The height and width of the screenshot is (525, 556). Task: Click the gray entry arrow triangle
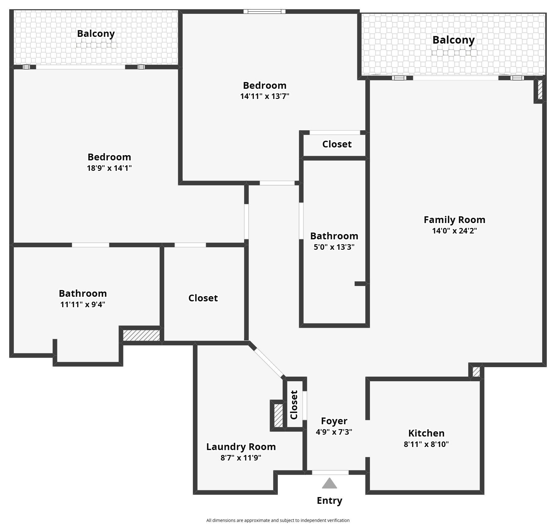tap(329, 484)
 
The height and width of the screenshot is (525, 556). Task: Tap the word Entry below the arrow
tap(329, 501)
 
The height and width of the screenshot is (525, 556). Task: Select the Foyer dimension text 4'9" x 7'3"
tap(334, 432)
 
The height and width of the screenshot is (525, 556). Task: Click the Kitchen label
tap(426, 433)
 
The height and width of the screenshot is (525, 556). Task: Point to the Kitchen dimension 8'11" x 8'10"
tap(426, 444)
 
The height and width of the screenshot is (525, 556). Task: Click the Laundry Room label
tap(241, 447)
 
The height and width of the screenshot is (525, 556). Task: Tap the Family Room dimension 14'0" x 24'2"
tap(454, 231)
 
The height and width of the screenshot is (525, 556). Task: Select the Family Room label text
tap(454, 220)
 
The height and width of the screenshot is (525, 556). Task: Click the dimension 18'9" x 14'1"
tap(109, 168)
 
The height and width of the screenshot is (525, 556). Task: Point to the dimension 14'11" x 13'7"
tap(265, 96)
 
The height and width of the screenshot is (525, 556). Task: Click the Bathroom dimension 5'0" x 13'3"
tap(334, 247)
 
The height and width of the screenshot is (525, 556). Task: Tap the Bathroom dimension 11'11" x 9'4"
tap(83, 304)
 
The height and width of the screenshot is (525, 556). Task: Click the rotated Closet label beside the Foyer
tap(294, 405)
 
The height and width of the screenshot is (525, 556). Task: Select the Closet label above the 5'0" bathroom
tap(337, 144)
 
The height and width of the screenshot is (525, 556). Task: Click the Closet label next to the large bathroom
tap(203, 298)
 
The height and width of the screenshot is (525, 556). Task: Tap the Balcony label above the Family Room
tap(453, 40)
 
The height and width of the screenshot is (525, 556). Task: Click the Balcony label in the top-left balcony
tap(96, 34)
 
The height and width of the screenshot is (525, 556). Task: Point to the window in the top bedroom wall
tap(265, 12)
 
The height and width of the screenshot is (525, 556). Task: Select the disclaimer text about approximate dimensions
tap(278, 520)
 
